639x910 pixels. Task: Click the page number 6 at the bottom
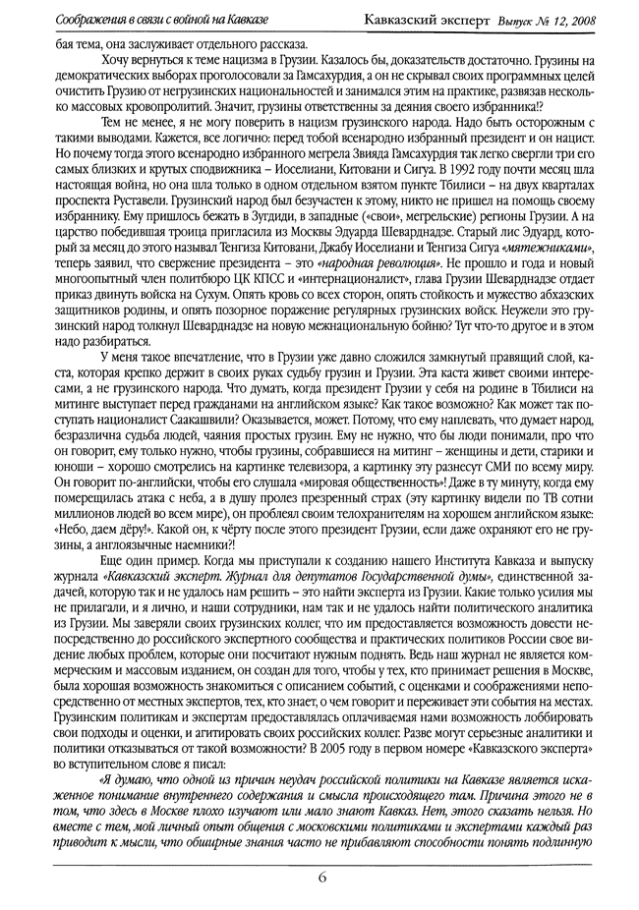coord(320,877)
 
